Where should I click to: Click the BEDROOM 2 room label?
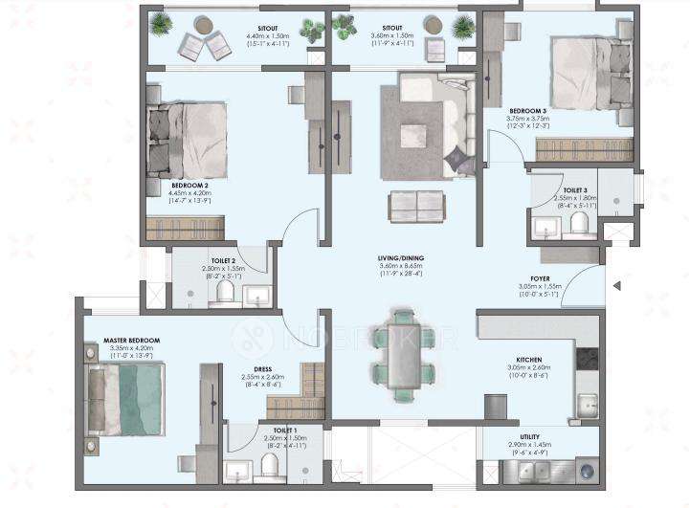pos(191,184)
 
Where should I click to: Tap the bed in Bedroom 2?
pos(189,140)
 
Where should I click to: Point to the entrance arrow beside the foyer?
pos(618,285)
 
